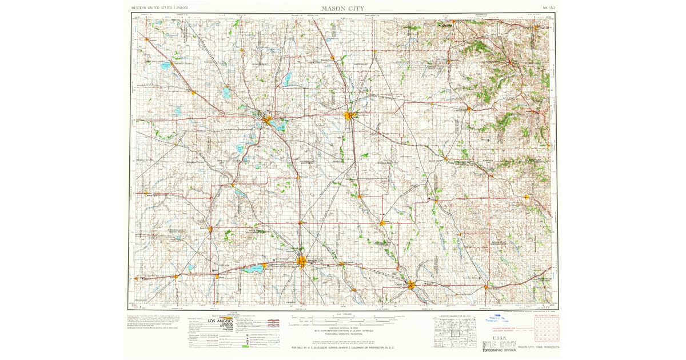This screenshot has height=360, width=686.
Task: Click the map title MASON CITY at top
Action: [x=343, y=8]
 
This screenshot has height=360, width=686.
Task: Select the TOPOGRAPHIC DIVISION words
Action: [x=501, y=352]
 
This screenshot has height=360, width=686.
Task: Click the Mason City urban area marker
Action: [x=302, y=262]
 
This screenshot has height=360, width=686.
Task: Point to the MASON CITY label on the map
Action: [x=319, y=261]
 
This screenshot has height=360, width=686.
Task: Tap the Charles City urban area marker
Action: [x=411, y=283]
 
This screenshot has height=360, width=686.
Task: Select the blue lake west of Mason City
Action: [x=253, y=268]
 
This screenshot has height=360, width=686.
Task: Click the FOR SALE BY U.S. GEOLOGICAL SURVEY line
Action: [x=343, y=347]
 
